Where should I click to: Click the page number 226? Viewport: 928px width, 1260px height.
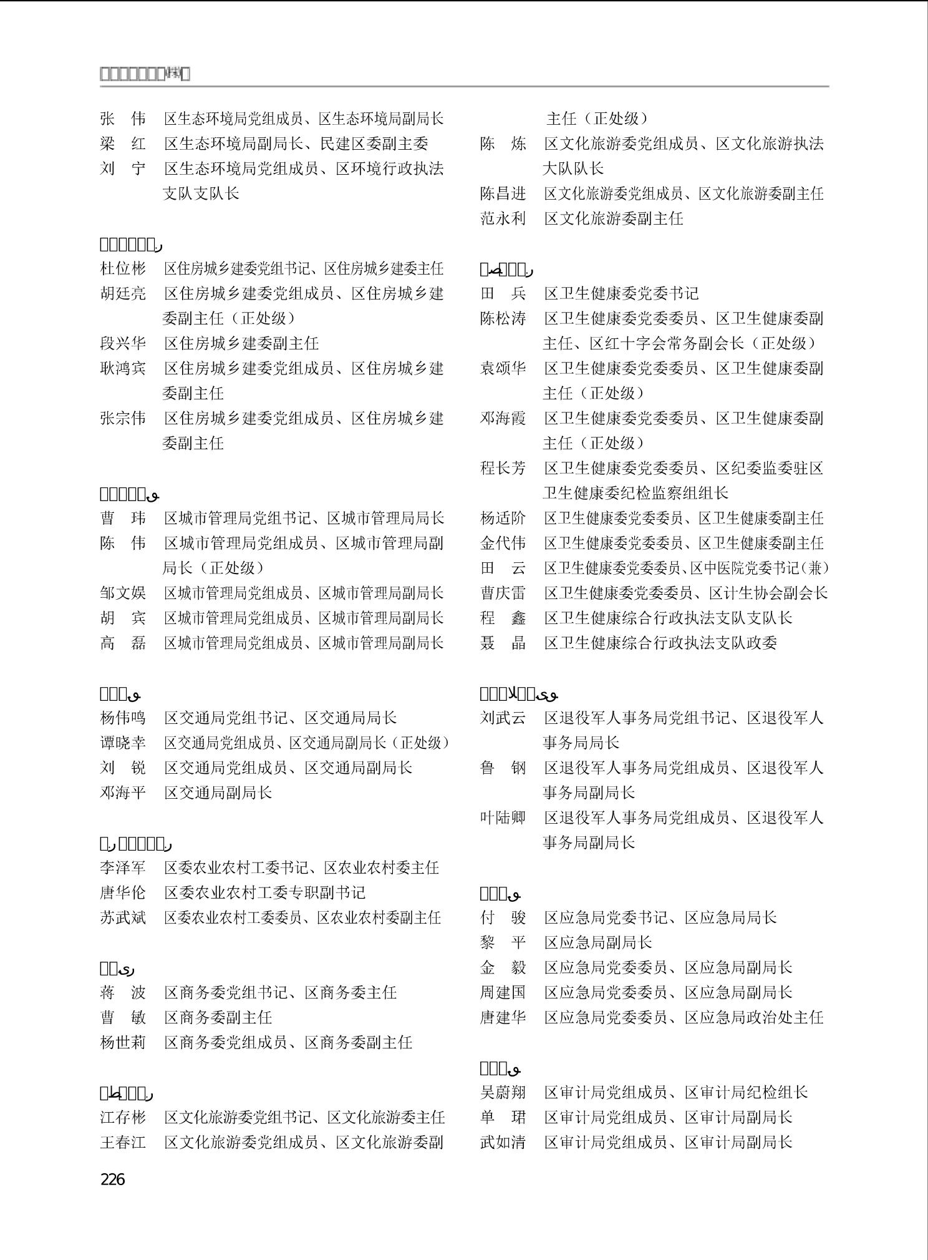112,1179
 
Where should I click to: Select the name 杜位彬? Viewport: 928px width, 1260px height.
123,268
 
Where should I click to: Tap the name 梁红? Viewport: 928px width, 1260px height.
123,144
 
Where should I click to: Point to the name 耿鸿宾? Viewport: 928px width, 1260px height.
123,368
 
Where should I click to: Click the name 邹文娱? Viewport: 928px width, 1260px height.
123,593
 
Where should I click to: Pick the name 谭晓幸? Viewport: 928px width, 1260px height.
123,743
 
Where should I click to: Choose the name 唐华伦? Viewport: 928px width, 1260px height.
123,892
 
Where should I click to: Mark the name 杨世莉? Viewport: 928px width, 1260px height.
123,1042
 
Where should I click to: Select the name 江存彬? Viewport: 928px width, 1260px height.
123,1117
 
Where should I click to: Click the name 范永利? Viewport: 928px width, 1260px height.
503,218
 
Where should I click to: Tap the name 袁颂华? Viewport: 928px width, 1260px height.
503,368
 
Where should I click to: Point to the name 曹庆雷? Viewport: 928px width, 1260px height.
503,593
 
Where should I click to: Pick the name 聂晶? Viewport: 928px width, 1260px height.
503,643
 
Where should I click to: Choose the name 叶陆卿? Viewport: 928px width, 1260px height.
503,818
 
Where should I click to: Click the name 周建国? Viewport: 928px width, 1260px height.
503,992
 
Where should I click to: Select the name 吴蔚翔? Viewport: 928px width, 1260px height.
503,1092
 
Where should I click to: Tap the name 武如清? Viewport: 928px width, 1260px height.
503,1142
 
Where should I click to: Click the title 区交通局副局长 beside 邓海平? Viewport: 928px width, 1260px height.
218,793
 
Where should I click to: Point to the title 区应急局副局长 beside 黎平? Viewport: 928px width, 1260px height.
597,942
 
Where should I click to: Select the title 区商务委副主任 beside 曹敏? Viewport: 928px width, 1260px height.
218,1017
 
